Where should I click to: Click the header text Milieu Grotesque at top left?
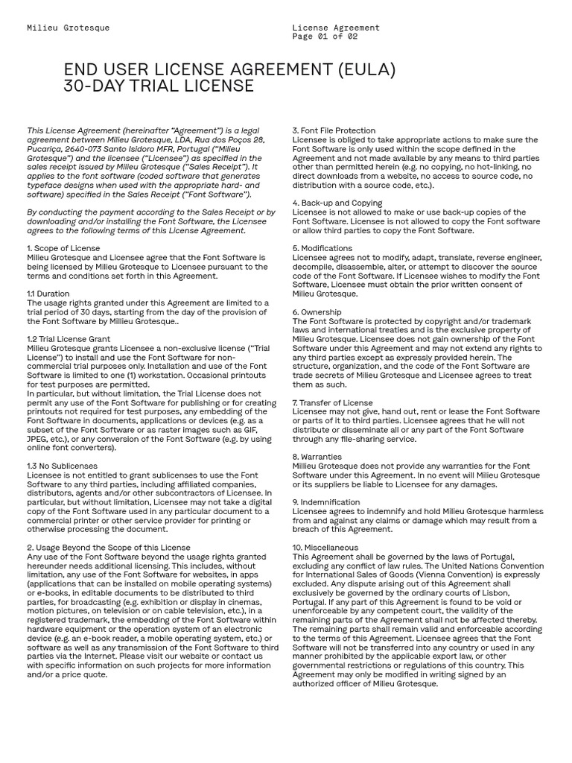(68, 28)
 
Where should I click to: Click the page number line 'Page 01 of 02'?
(325, 37)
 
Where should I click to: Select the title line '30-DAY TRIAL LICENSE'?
(158, 86)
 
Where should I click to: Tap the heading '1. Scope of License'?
(63, 248)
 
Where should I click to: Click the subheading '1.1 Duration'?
(48, 294)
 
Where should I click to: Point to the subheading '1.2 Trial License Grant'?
(69, 339)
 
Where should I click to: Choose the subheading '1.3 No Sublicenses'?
(62, 466)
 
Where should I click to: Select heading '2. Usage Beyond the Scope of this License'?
(109, 548)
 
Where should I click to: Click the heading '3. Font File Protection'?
(334, 130)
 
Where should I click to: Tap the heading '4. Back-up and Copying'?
(337, 203)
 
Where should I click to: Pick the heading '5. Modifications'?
(322, 248)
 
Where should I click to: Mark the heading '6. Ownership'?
(317, 312)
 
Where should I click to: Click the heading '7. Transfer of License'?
(332, 402)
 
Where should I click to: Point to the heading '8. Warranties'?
(317, 457)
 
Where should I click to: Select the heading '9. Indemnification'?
(325, 502)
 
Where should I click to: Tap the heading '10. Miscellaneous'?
(325, 548)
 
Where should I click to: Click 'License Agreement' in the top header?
(336, 28)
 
